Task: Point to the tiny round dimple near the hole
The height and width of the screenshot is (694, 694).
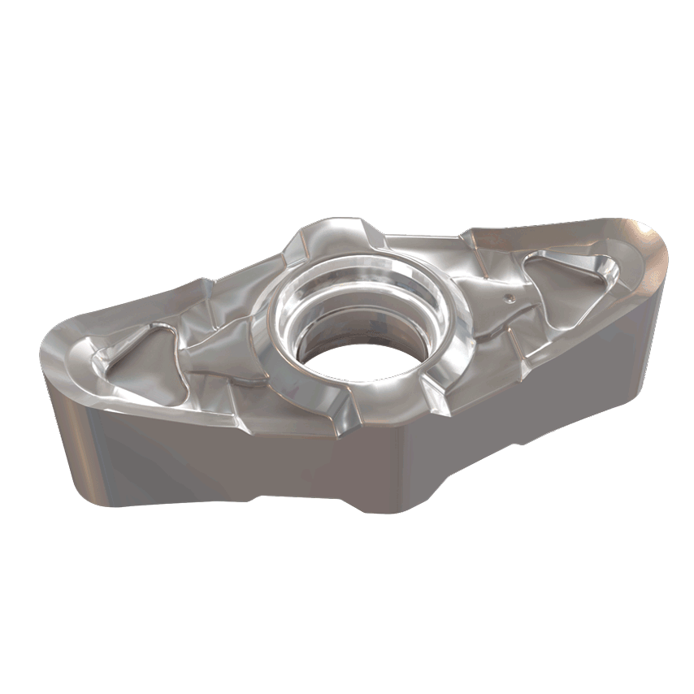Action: tap(509, 298)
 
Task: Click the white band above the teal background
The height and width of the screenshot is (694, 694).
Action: tap(347, 65)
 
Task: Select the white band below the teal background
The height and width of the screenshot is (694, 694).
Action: tap(347, 626)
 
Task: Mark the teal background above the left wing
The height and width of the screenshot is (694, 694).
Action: tap(122, 203)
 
